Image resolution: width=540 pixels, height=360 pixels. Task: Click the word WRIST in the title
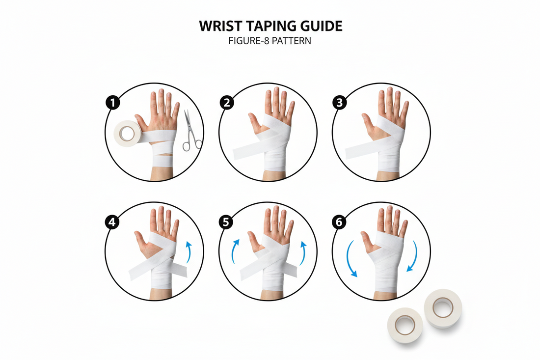click(x=218, y=27)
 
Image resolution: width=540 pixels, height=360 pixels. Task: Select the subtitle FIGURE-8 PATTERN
click(x=270, y=41)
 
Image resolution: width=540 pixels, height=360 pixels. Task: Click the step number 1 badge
click(x=113, y=103)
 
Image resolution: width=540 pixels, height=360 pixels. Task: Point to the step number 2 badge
click(x=226, y=103)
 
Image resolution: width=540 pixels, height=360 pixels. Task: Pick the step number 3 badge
click(x=339, y=103)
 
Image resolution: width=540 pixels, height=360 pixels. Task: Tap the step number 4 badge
click(x=113, y=222)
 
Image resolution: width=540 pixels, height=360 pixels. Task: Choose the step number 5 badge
click(x=226, y=222)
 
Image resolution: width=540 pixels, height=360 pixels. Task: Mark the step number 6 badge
click(x=339, y=222)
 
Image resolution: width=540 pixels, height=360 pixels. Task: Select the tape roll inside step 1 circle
click(x=127, y=133)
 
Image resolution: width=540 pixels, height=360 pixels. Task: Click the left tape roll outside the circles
click(x=406, y=325)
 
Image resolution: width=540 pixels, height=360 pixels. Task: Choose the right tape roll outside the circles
click(x=442, y=308)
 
